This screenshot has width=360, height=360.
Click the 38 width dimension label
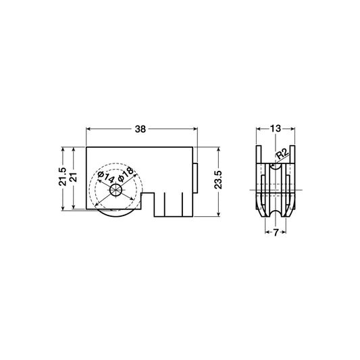141,127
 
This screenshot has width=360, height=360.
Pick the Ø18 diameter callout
127,175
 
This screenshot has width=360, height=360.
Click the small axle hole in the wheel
117,189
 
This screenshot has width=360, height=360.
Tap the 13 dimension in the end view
276,127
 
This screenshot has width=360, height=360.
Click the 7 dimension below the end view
276,232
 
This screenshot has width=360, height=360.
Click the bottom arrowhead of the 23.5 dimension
220,213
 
